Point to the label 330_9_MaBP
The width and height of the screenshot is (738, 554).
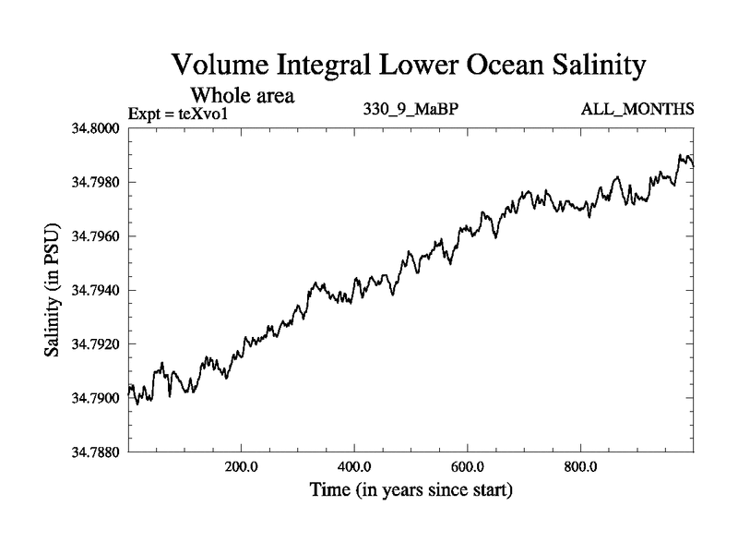(412, 110)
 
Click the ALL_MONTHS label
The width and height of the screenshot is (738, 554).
(637, 110)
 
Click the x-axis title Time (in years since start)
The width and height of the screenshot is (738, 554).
(411, 490)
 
